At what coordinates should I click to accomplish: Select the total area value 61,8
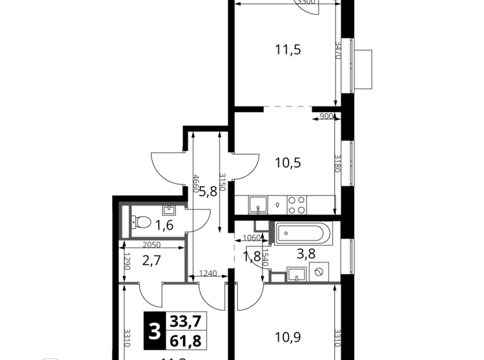tap(186, 340)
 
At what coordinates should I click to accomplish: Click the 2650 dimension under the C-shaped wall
tap(152, 245)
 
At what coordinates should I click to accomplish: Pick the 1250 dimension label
tap(207, 272)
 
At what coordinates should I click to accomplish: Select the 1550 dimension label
tap(251, 238)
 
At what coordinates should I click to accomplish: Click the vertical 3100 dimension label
tap(338, 164)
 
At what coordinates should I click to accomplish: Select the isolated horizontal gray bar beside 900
tap(287, 107)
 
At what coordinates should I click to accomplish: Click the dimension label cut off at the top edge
tap(307, 2)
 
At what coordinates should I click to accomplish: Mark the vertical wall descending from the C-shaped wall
tap(186, 261)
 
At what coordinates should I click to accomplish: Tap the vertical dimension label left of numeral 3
tap(128, 337)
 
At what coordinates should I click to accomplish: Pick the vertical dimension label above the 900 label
tap(338, 50)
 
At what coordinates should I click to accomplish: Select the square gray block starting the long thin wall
tap(277, 277)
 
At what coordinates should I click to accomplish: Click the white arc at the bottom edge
tap(50, 358)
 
